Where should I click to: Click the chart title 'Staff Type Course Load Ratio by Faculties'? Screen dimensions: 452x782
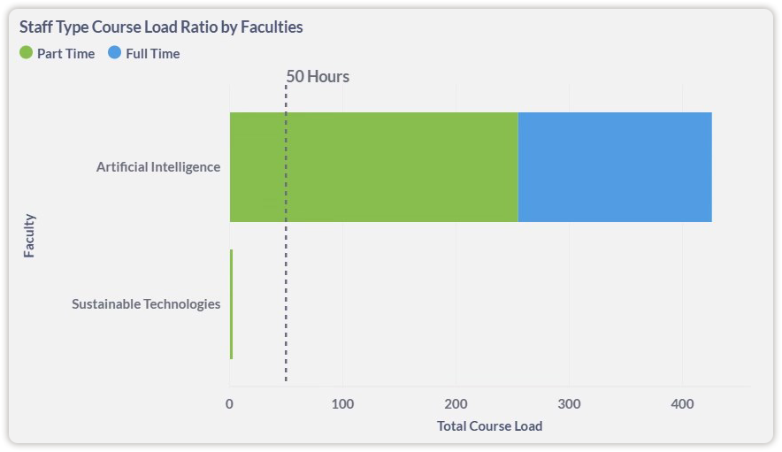(161, 27)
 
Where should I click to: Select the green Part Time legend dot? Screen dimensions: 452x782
(26, 53)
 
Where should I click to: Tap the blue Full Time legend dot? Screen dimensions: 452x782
(114, 53)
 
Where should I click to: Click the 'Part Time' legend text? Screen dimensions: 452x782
(65, 54)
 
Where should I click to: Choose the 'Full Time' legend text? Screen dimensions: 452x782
(152, 54)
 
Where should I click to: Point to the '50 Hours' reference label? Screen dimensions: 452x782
(318, 77)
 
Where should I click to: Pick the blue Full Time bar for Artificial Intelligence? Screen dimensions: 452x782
(614, 167)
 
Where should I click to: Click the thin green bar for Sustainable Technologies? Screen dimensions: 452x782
(231, 304)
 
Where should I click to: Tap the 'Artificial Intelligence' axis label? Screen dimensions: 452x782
(158, 167)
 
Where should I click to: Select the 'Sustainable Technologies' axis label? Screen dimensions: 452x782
(146, 304)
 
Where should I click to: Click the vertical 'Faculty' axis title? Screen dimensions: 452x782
(29, 235)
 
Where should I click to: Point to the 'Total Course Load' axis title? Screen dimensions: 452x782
(489, 426)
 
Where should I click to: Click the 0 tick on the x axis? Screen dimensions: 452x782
(230, 404)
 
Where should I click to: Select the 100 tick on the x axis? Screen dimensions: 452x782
(342, 404)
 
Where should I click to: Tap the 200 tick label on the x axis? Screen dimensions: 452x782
(456, 404)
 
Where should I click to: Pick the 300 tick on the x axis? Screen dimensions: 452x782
(569, 404)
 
